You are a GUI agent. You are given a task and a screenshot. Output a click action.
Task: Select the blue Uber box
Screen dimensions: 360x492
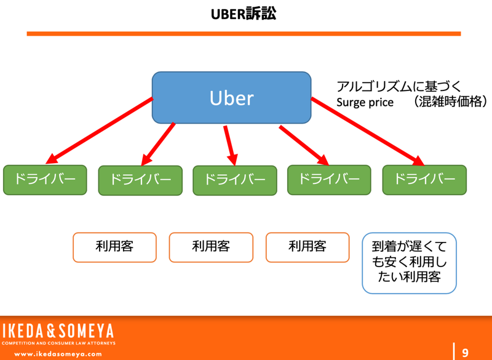(x=231, y=97)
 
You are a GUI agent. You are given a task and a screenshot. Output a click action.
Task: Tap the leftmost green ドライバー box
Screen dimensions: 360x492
(x=45, y=180)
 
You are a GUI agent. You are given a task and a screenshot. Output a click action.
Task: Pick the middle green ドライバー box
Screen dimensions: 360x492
(x=234, y=180)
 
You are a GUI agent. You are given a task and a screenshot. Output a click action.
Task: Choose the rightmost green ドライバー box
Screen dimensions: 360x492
(x=424, y=180)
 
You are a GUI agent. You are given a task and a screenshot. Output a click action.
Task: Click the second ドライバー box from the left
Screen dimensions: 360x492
(x=140, y=180)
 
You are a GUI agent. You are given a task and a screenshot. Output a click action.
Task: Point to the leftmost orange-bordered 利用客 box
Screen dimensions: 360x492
(x=114, y=247)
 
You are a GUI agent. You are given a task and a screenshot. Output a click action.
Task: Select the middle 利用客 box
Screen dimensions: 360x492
(x=210, y=247)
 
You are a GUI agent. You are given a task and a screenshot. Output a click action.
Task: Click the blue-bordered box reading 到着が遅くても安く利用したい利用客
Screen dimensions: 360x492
(x=410, y=262)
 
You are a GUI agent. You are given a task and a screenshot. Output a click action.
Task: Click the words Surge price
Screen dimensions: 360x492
(x=365, y=103)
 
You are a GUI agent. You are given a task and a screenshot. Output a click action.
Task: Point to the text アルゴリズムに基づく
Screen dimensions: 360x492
(x=399, y=86)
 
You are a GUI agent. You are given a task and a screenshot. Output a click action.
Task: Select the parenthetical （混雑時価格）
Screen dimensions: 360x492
(x=450, y=102)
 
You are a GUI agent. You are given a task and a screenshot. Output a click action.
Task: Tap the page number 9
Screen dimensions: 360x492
(x=465, y=353)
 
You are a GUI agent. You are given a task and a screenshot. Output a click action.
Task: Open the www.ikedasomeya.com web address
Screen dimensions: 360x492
(x=58, y=354)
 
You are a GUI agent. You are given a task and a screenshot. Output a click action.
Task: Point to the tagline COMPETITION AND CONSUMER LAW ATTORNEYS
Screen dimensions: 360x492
(x=58, y=343)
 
